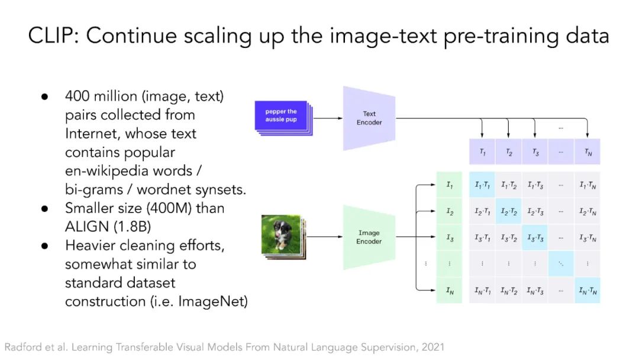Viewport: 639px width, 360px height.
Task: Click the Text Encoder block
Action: (369, 118)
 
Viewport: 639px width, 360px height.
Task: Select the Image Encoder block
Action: (369, 237)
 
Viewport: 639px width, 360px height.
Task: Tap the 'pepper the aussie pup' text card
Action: (281, 115)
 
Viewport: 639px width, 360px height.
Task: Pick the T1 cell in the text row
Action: (482, 152)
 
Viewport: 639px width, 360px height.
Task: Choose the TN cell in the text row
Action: (588, 152)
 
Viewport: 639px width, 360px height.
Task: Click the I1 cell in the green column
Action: (449, 185)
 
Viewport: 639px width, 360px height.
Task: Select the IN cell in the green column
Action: (449, 290)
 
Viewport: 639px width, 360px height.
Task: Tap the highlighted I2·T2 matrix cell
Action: (509, 211)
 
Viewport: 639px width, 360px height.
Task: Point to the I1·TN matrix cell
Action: (588, 185)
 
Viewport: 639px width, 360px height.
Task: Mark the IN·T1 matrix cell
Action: (482, 290)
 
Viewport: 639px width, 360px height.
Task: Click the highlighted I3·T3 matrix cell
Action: (535, 237)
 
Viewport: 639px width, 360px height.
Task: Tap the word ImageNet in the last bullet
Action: (213, 301)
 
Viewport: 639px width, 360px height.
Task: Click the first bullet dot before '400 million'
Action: (45, 97)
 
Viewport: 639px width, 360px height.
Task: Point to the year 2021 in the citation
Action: (433, 347)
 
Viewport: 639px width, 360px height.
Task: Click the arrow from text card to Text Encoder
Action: (328, 118)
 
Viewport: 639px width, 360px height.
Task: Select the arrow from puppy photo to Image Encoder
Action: (324, 236)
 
